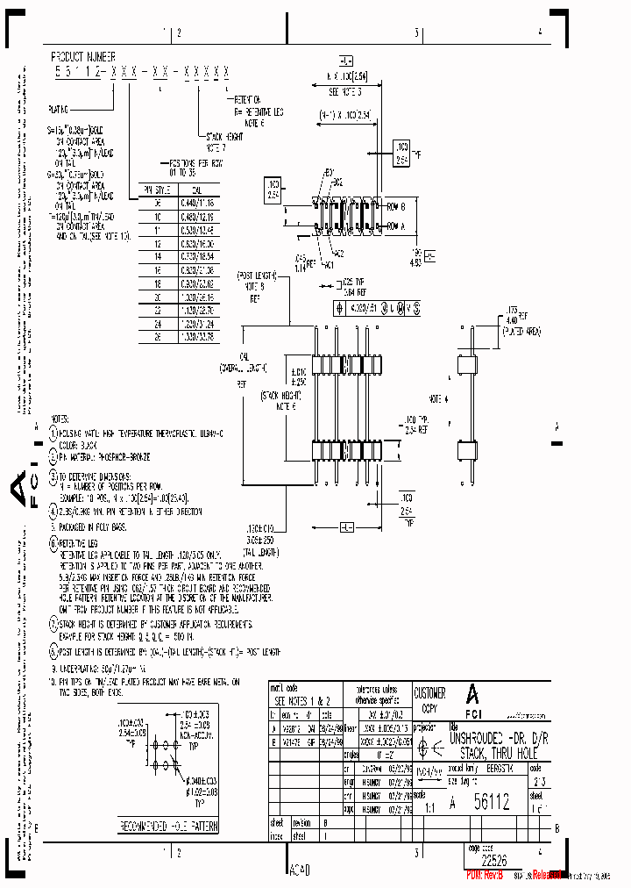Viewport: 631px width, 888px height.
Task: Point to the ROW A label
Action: (x=396, y=225)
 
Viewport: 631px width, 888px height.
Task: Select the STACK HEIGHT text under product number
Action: (x=218, y=137)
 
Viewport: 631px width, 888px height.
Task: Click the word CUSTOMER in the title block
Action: (x=429, y=693)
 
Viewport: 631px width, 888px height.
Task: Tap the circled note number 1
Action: (x=53, y=433)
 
